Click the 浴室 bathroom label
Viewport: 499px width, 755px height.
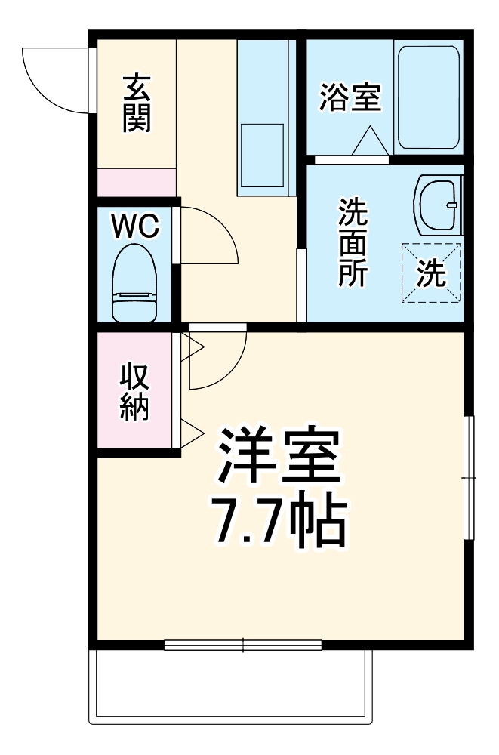[x=350, y=99]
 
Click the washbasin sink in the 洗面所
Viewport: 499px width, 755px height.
[x=437, y=205]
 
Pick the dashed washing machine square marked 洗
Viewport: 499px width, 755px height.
[x=431, y=272]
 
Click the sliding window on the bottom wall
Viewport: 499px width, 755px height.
[x=243, y=645]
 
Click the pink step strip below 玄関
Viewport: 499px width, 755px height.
[x=136, y=183]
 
